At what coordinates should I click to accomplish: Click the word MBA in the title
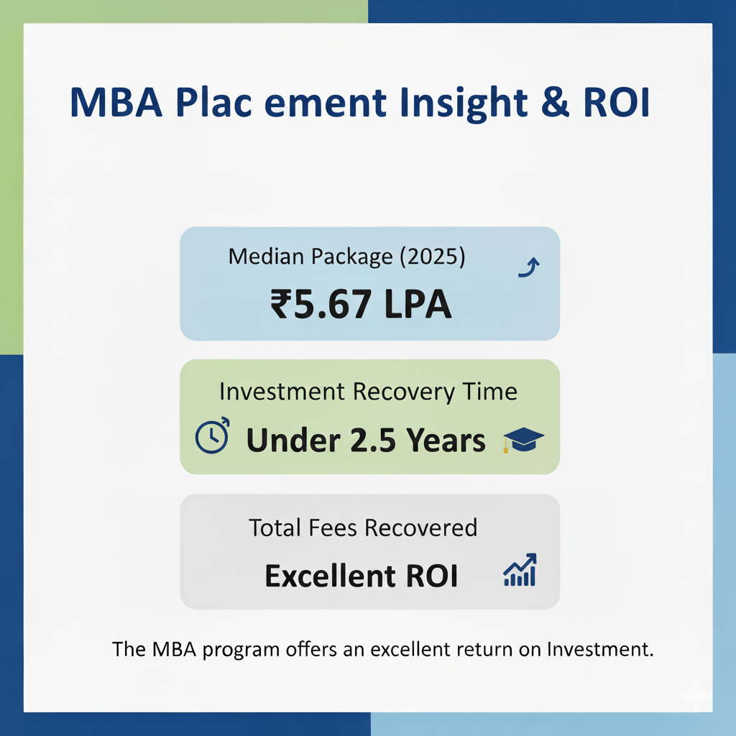click(116, 102)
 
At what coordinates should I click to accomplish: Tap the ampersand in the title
click(556, 101)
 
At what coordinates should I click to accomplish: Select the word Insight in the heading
click(464, 104)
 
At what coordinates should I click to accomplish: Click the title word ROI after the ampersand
click(616, 102)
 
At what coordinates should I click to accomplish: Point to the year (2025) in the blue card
click(432, 257)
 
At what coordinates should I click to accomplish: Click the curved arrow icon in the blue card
click(529, 267)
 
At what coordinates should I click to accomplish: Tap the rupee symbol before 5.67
click(281, 303)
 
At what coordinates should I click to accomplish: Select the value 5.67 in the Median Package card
click(333, 304)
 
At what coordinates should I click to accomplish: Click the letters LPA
click(418, 304)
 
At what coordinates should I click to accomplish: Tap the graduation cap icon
click(523, 440)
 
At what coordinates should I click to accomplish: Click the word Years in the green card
click(446, 441)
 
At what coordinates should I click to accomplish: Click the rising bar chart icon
click(520, 570)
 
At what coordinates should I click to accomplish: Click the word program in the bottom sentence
click(241, 650)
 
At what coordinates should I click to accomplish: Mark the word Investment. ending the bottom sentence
click(600, 649)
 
